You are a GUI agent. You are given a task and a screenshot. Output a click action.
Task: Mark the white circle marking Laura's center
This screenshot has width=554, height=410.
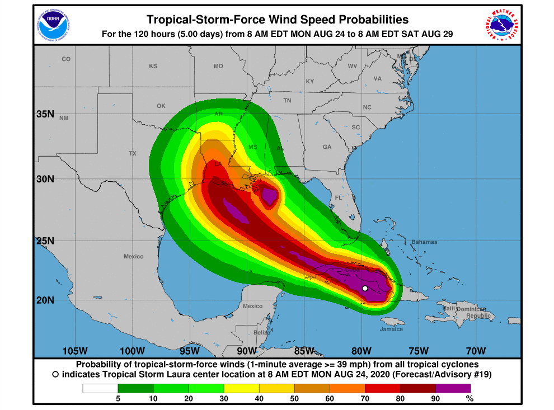click(x=364, y=288)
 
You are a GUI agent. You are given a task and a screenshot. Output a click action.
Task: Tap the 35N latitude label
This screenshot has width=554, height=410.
click(x=45, y=114)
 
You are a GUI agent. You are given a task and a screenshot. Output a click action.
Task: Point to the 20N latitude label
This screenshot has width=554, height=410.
click(x=45, y=300)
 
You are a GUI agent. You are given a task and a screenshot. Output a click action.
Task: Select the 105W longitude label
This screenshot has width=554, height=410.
click(x=75, y=351)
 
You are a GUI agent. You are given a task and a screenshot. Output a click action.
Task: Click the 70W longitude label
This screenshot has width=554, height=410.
click(x=476, y=351)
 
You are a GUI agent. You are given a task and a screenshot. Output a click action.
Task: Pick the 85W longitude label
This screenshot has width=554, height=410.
click(x=304, y=351)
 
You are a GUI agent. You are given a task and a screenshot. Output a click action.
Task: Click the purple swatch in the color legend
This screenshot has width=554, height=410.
click(x=453, y=388)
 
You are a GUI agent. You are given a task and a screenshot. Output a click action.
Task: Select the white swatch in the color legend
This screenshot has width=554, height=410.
click(x=100, y=388)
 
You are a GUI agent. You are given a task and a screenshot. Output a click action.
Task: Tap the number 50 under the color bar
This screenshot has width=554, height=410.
click(x=294, y=399)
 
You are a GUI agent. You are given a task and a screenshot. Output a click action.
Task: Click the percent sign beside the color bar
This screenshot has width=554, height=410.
click(x=470, y=399)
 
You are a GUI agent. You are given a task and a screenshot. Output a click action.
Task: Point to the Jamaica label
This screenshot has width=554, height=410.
click(x=391, y=329)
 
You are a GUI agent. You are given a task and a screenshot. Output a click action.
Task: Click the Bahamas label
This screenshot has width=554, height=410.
click(x=424, y=242)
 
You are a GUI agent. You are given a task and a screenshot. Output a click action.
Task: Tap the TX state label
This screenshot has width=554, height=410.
click(x=133, y=153)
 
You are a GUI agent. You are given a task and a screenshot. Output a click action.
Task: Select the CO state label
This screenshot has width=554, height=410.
click(x=66, y=59)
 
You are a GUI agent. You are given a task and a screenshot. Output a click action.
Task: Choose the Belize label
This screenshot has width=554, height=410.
click(x=261, y=332)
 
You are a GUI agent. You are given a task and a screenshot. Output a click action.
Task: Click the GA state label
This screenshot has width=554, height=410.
click(x=327, y=147)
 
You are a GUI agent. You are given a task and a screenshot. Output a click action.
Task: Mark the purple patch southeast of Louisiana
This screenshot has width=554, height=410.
click(x=270, y=196)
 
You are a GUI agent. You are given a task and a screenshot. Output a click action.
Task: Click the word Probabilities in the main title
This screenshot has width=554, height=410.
click(x=361, y=20)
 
